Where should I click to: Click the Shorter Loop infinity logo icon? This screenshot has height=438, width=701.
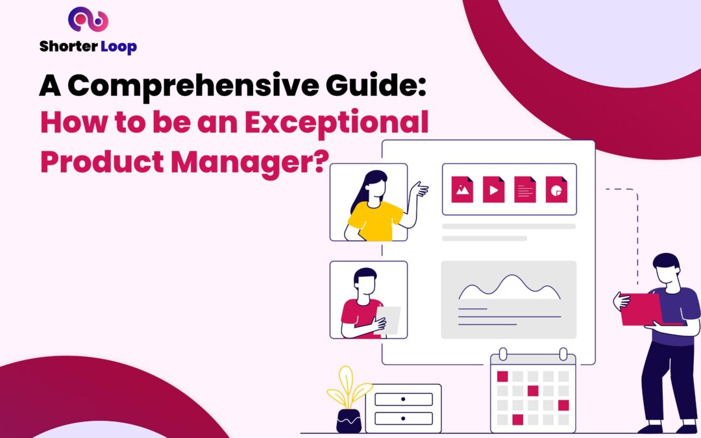[88, 20]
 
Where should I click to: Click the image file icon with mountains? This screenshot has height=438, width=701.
[462, 189]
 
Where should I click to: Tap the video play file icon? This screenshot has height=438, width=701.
[493, 189]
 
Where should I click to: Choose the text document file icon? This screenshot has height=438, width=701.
[525, 189]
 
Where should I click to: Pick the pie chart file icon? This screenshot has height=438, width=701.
[556, 189]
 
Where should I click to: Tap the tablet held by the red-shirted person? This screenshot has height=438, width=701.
[389, 319]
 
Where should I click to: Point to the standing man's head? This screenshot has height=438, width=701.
[665, 267]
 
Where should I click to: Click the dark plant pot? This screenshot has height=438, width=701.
[348, 421]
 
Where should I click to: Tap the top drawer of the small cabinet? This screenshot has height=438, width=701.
[402, 399]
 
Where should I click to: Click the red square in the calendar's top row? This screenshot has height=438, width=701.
[502, 376]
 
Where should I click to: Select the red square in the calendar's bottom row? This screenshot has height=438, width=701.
[517, 419]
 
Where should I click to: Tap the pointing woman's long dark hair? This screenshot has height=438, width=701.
[361, 192]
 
